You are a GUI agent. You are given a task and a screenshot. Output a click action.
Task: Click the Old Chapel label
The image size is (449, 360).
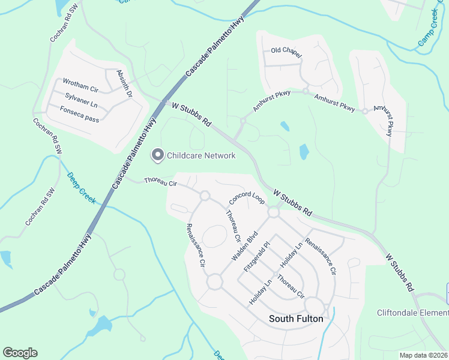[286, 52]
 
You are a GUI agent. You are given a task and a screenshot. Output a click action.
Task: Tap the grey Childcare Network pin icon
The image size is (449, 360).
[158, 155]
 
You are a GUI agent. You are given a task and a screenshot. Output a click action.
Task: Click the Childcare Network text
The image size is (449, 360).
[201, 155]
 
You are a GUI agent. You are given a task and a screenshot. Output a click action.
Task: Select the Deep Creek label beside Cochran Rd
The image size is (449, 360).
[81, 187]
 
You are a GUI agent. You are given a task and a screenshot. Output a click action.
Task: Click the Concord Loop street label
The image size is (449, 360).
[247, 199]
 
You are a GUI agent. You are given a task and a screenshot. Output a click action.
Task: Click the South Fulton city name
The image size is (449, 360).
[296, 319]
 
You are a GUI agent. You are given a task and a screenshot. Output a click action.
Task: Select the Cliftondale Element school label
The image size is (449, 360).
[412, 313]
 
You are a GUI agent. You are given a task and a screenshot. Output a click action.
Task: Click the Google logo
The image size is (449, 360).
[20, 353]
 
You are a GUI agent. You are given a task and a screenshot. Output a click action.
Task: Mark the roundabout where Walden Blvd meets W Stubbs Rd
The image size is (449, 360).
[274, 212]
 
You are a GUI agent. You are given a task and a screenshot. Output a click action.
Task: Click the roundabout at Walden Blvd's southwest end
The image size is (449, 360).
[215, 281]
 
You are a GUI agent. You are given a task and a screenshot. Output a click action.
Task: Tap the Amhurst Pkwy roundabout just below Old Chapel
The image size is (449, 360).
[305, 91]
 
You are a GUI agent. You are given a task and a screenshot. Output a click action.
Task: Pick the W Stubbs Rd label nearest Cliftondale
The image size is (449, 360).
[400, 272]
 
